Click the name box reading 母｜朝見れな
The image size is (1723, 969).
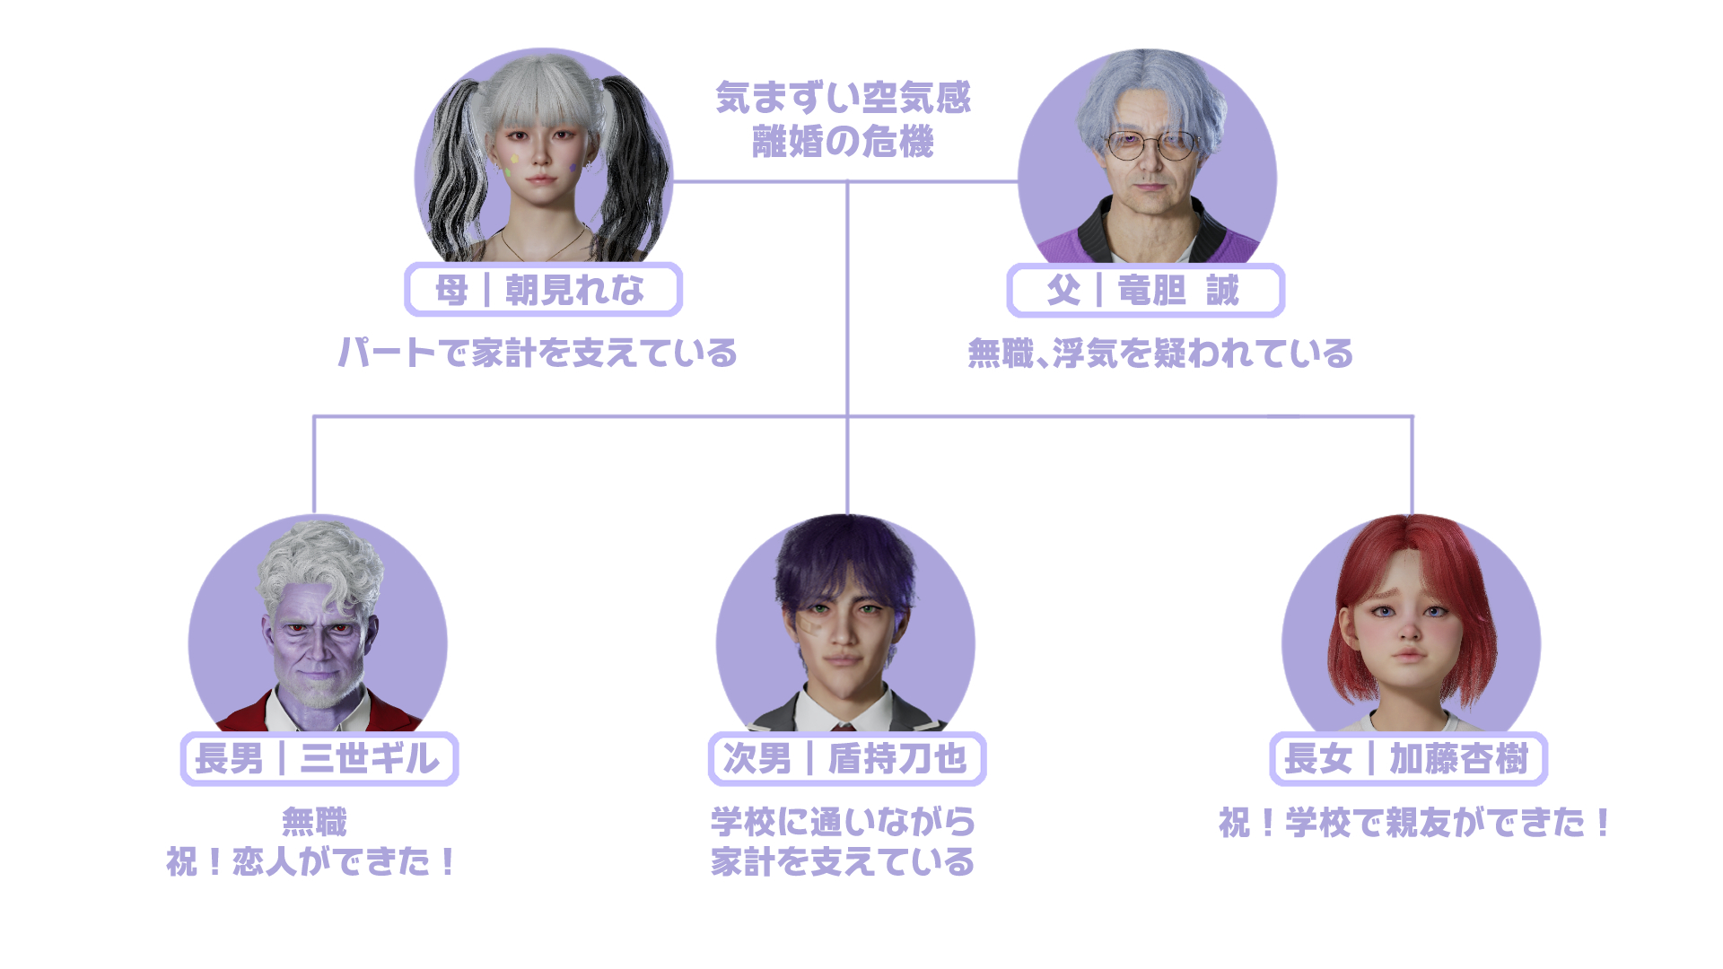[x=543, y=290]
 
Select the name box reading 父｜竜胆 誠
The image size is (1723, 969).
[x=1145, y=291]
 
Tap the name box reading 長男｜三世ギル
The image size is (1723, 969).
[x=319, y=759]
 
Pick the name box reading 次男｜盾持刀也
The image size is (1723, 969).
[x=846, y=759]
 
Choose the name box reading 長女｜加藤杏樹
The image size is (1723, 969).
[x=1408, y=759]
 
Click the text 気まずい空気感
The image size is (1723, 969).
[x=843, y=98]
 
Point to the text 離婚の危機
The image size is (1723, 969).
[x=843, y=142]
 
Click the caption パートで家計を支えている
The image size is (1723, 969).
[x=538, y=353]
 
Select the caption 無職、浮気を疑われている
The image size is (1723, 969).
[x=1160, y=354]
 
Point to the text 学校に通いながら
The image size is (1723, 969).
[x=843, y=821]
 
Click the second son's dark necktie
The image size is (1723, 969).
[x=844, y=725]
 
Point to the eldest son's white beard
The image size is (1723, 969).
[x=319, y=695]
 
